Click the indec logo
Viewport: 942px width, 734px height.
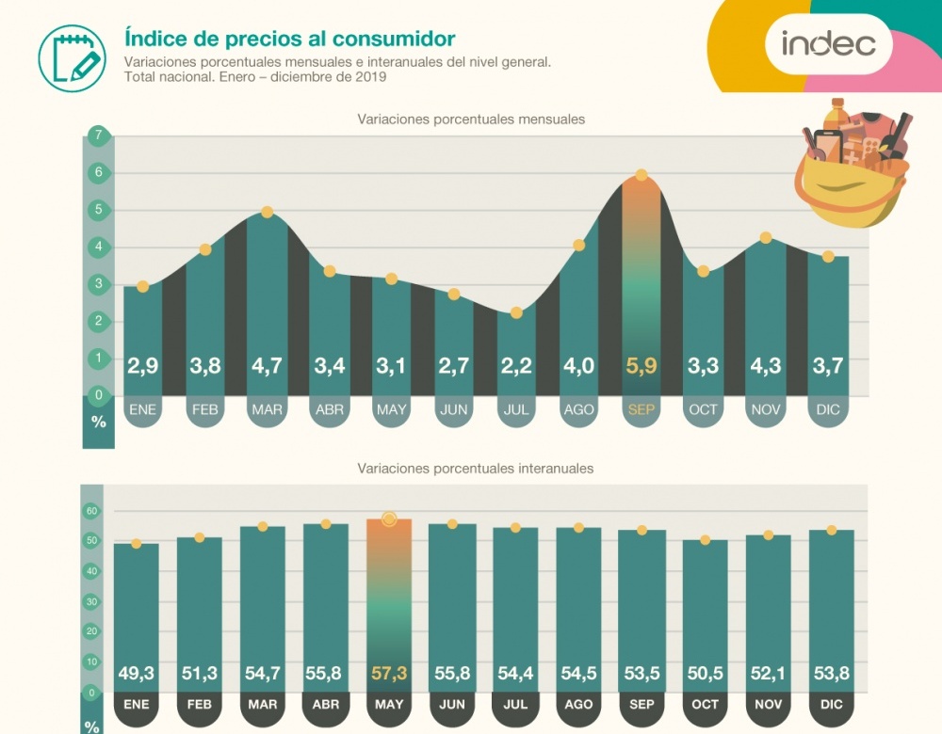pyautogui.click(x=828, y=43)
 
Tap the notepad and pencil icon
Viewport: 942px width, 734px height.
pyautogui.click(x=72, y=57)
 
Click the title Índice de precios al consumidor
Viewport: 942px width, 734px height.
pyautogui.click(x=289, y=39)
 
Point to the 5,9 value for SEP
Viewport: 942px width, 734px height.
pyautogui.click(x=641, y=366)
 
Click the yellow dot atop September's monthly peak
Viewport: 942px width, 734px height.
pyautogui.click(x=642, y=175)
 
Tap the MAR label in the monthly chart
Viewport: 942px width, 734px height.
pyautogui.click(x=267, y=409)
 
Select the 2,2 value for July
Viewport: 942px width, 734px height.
pyautogui.click(x=515, y=366)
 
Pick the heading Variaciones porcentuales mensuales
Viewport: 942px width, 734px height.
pyautogui.click(x=471, y=120)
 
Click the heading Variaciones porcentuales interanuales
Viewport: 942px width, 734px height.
pyautogui.click(x=475, y=467)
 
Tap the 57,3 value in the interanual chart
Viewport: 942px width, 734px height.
pyautogui.click(x=389, y=673)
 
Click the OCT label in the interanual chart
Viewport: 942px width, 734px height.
pyautogui.click(x=705, y=704)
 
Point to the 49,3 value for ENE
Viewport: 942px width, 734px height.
pyautogui.click(x=137, y=673)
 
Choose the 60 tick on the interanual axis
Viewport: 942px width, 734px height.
pyautogui.click(x=91, y=511)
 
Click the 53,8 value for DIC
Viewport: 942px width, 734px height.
pyautogui.click(x=831, y=673)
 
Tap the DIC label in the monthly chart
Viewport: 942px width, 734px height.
pyautogui.click(x=829, y=409)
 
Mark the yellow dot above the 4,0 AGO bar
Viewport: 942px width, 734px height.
pyautogui.click(x=579, y=246)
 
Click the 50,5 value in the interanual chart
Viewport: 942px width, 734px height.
pyautogui.click(x=705, y=673)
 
